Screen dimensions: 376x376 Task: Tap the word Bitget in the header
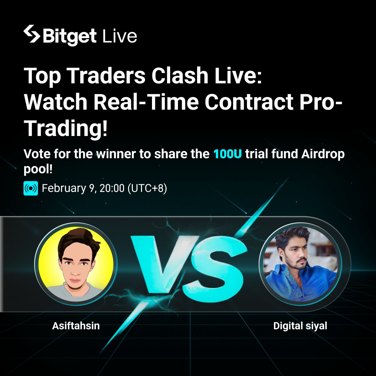click(x=69, y=36)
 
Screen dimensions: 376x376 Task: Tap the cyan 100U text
click(x=227, y=154)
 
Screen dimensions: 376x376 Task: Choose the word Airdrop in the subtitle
click(x=323, y=154)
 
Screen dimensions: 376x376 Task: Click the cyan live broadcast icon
click(x=31, y=188)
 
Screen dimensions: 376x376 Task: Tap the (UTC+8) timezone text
click(x=147, y=188)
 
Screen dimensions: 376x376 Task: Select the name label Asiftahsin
click(x=76, y=326)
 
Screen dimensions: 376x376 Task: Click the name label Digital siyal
click(x=300, y=326)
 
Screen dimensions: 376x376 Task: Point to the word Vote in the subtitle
click(x=37, y=154)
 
